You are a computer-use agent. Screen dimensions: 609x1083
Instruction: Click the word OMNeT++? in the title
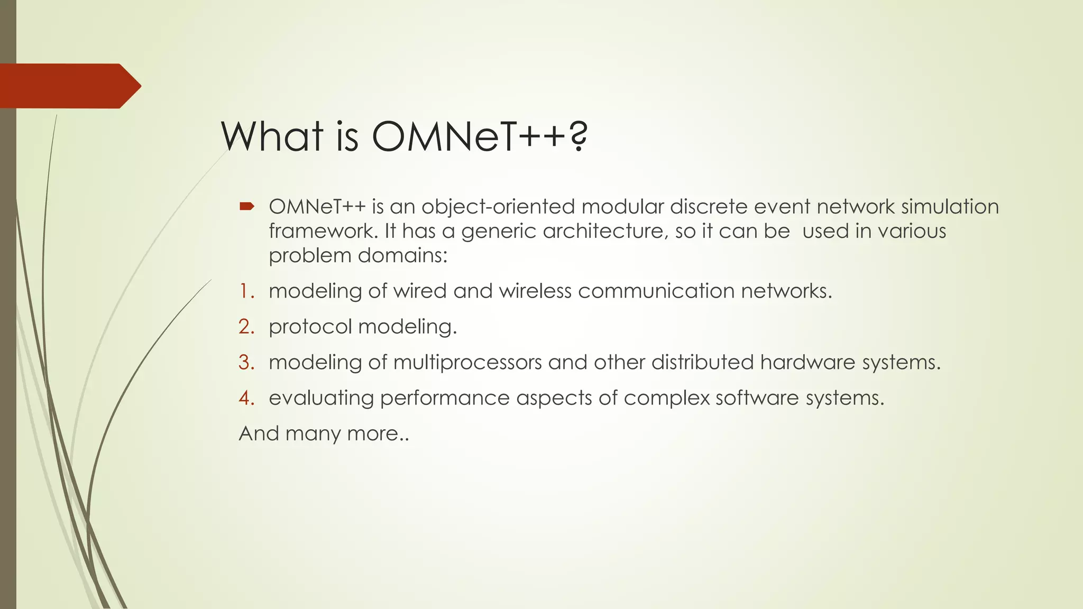click(479, 136)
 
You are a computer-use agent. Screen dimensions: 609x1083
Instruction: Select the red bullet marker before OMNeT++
click(247, 206)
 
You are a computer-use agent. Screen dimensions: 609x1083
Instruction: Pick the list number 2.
click(246, 327)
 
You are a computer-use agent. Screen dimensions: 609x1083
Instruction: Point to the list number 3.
click(246, 362)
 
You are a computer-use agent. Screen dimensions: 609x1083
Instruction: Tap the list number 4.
click(246, 398)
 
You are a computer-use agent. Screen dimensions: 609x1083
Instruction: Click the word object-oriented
click(498, 207)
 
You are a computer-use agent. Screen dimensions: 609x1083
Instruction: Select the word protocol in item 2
click(310, 327)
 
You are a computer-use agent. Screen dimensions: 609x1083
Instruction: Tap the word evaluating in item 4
click(321, 398)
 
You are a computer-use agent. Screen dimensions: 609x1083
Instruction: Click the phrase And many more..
click(324, 433)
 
